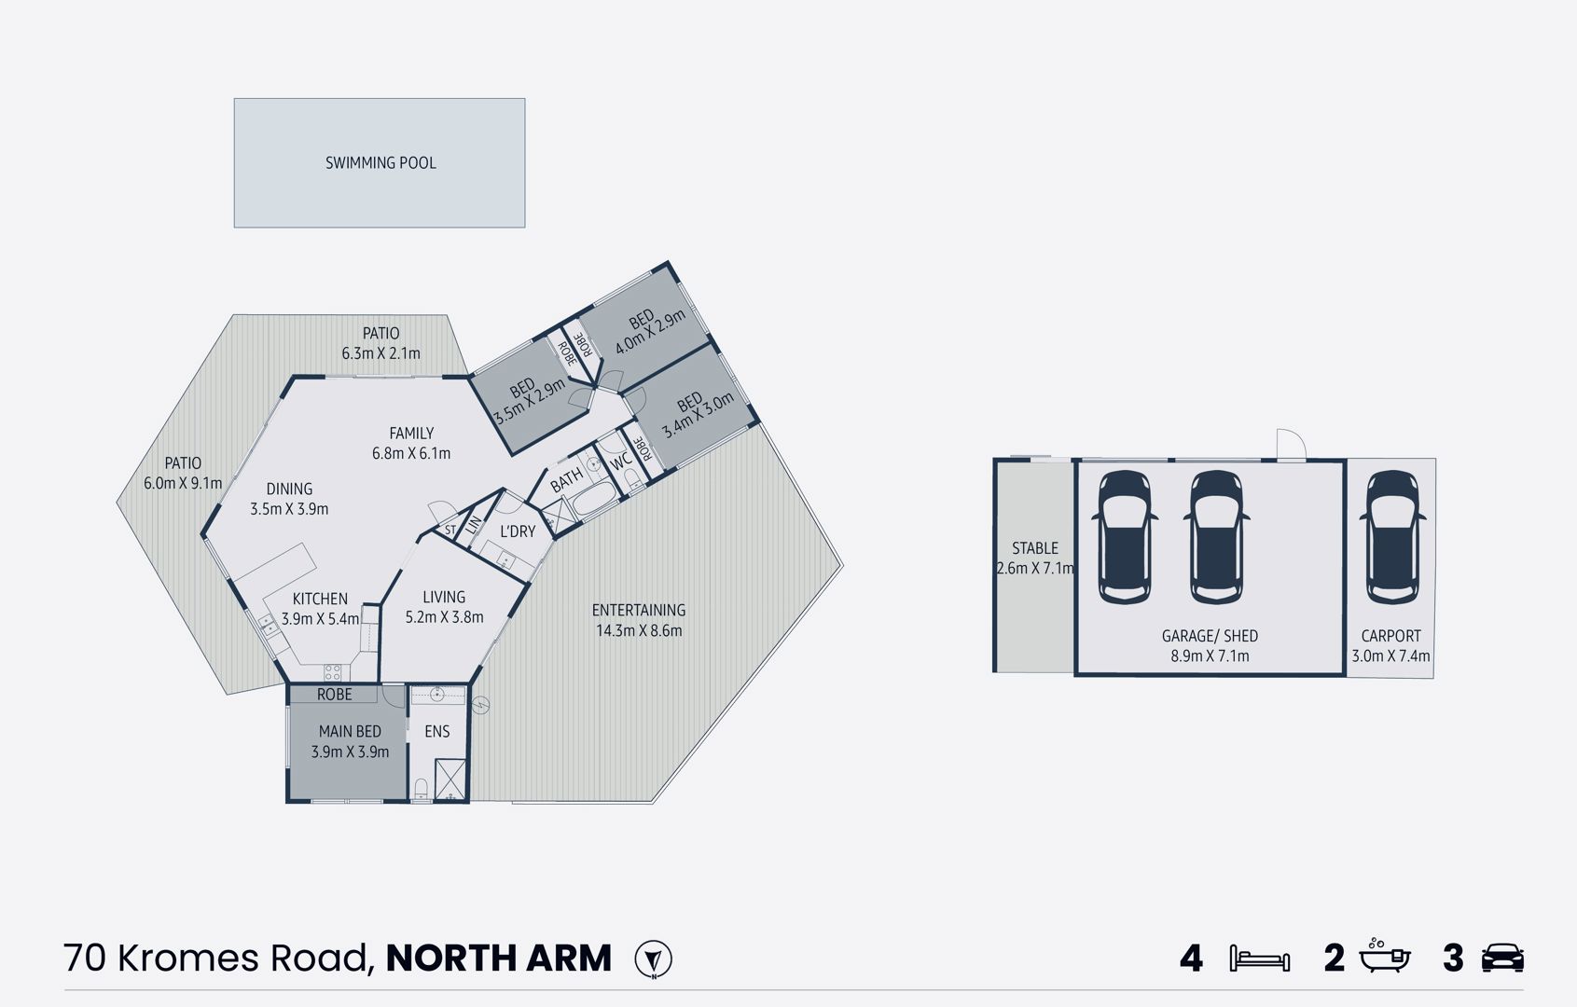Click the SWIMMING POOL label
tap(380, 163)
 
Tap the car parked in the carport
tap(1391, 537)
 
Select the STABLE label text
tap(1035, 548)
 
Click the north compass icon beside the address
tap(653, 959)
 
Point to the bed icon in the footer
tap(1259, 959)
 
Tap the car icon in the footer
tap(1501, 959)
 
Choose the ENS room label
tap(437, 732)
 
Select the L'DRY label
tap(518, 531)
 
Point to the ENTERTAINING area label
tap(639, 611)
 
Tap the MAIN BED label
tap(350, 732)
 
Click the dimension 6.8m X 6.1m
tap(411, 454)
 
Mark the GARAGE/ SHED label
tap(1210, 636)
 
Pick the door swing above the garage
tap(1290, 445)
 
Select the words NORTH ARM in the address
tap(499, 959)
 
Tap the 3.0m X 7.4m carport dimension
tap(1390, 656)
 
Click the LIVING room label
tap(444, 598)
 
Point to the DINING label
tap(289, 489)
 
